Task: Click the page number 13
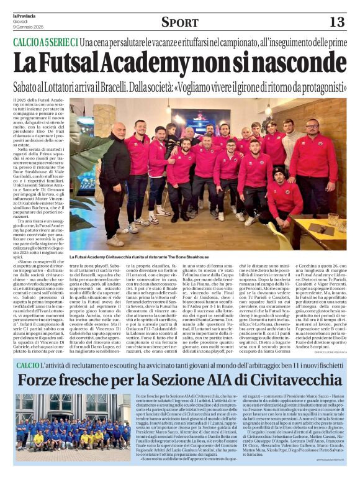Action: click(x=336, y=22)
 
